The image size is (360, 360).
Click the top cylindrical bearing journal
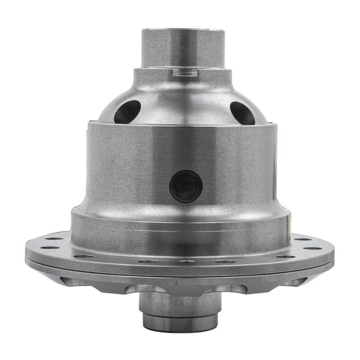(183, 47)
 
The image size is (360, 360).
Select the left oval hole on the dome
(127, 112)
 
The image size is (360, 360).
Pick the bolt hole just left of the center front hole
(148, 261)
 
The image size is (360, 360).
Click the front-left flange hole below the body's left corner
(84, 256)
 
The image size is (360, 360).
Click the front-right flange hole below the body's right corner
(285, 256)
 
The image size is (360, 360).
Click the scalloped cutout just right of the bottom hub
(232, 288)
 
